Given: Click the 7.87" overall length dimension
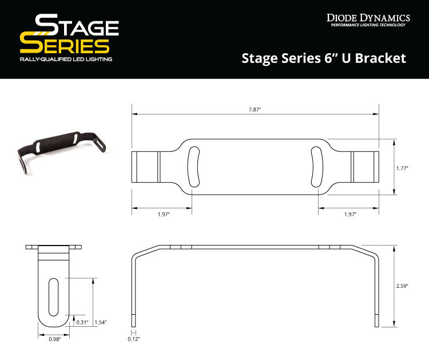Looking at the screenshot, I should click(255, 109).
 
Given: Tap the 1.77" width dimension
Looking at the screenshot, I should click(403, 168).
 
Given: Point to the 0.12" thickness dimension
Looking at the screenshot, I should click(134, 339).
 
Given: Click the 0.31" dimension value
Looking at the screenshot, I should click(82, 322).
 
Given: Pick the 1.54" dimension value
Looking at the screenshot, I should click(101, 322).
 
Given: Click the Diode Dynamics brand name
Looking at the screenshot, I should click(368, 18).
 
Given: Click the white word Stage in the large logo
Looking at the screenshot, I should click(77, 26).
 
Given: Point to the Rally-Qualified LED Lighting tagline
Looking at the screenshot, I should click(66, 60).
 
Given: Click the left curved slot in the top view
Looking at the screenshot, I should click(192, 167).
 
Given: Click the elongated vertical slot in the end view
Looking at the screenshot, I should click(54, 296).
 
